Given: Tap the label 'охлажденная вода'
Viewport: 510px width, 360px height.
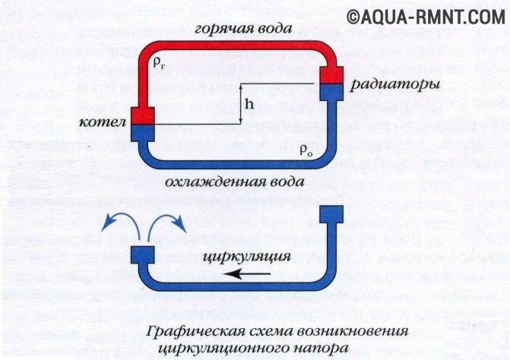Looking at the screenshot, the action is pos(235,182).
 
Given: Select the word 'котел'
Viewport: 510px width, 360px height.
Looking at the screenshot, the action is pos(103,122).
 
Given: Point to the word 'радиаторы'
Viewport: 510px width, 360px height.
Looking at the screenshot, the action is pos(395,84).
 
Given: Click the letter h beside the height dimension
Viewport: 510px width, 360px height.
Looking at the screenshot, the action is pos(249,104).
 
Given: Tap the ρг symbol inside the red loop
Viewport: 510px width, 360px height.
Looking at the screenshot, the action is pos(160,63).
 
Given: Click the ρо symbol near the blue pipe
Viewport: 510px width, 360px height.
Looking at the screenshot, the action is pos(306,150).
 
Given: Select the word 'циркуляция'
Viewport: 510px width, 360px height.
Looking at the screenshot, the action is pos(246,257).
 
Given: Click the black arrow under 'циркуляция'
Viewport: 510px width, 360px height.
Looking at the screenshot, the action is pos(248,274).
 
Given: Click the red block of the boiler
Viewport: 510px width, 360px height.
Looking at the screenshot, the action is pos(142,115).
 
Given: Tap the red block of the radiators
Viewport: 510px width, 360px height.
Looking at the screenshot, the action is pos(331,74).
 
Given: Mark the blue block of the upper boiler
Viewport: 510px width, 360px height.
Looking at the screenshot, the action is pos(142,133).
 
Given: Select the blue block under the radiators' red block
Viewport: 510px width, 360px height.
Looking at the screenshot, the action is pos(331,92).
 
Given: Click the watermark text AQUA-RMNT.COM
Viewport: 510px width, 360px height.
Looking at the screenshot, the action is pos(432,17).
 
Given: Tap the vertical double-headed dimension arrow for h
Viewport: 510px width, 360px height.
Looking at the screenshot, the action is pos(241,104).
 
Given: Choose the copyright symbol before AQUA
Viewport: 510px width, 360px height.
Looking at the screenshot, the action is pos(353,17).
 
